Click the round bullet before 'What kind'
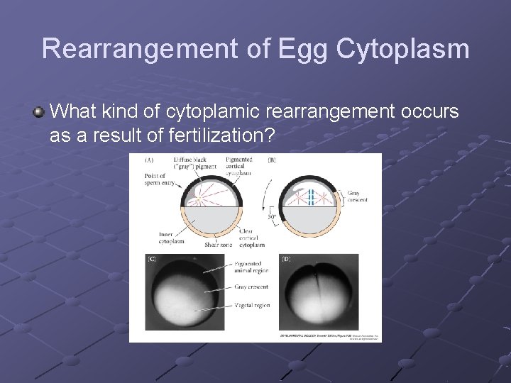39,111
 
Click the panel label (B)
273,160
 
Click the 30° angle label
272,217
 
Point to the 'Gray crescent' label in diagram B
358,196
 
